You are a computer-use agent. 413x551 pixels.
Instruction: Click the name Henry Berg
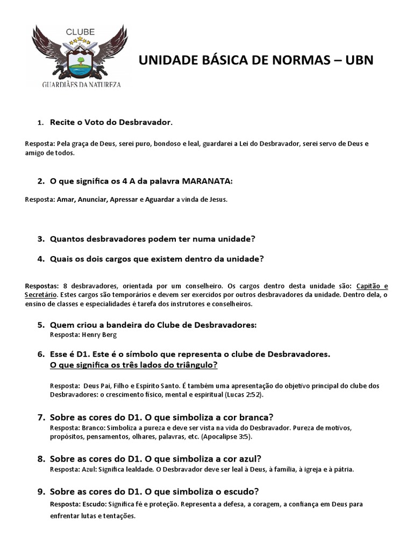[x=99, y=335]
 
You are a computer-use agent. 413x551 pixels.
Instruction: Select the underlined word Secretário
[x=41, y=295]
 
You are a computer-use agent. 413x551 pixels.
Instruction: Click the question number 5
[x=41, y=325]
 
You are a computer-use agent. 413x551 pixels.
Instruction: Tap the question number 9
[x=41, y=491]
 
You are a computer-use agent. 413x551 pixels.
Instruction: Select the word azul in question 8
[x=250, y=459]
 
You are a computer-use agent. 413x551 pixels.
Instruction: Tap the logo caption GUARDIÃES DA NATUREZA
[x=82, y=84]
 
